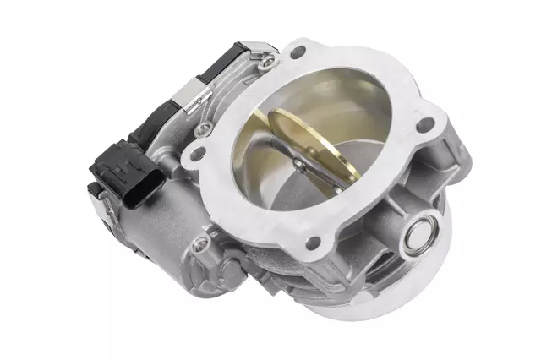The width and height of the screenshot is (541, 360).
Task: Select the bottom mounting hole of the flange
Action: point(312,243)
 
